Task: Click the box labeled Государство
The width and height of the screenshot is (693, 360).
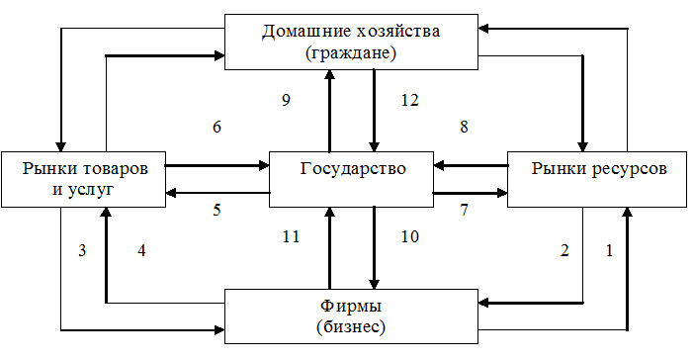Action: pos(351,179)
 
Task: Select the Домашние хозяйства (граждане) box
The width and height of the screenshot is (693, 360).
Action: pos(351,42)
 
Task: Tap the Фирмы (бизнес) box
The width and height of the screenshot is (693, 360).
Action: pos(351,316)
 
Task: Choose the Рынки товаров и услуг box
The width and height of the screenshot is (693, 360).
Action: pos(83,179)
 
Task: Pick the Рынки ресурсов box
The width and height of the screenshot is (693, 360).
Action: pos(597,179)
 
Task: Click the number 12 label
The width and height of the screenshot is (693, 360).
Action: pos(409,101)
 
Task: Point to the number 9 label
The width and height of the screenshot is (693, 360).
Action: pos(287,101)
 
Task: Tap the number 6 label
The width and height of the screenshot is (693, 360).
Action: pos(217,127)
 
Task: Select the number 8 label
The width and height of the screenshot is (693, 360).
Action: pos(464,127)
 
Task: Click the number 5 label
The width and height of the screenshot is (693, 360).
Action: pos(217,210)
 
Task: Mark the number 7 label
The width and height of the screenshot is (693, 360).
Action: pos(464,210)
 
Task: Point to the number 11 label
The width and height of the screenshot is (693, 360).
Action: pos(292,236)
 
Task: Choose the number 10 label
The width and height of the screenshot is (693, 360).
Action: pos(409,236)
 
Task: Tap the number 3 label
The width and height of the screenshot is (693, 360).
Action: pos(82,251)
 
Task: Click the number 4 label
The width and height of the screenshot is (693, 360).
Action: pos(141,251)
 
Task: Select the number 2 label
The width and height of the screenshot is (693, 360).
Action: pos(564,251)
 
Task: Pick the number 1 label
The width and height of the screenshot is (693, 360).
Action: pos(610,251)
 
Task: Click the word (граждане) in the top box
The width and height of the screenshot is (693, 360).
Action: pos(351,53)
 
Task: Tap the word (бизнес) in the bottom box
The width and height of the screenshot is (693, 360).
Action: pos(351,327)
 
